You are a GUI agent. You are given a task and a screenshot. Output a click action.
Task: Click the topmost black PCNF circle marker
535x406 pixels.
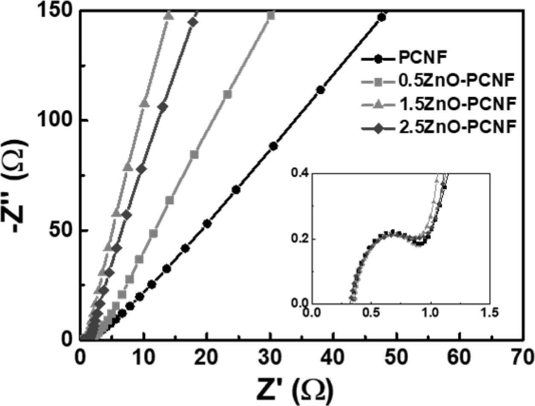tap(382, 18)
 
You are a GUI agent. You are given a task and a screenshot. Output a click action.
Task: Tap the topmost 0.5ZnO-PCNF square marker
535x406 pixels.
tap(270, 16)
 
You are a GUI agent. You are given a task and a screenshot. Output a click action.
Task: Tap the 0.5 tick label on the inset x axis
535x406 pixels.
tap(372, 313)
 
